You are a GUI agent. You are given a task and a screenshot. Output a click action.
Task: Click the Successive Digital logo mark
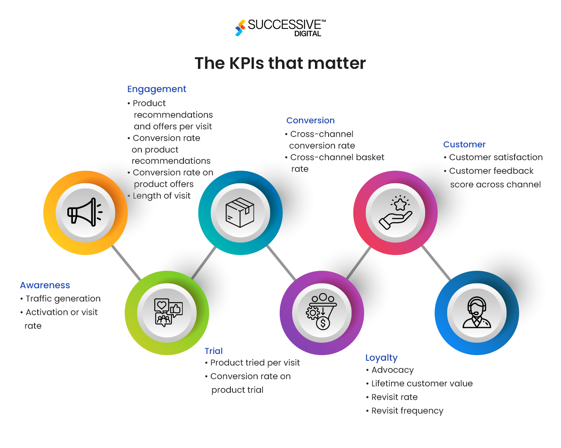(240, 28)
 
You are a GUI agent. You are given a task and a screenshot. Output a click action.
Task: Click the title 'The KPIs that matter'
(280, 63)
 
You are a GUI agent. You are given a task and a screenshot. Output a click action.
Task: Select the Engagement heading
(157, 89)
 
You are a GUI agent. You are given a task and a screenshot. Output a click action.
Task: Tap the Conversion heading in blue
(310, 121)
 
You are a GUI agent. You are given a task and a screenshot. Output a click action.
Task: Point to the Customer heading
(464, 145)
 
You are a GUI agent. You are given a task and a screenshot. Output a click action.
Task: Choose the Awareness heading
(45, 285)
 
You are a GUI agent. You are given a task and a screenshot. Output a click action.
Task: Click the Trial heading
(214, 351)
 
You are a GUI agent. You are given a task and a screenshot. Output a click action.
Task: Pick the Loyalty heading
(381, 358)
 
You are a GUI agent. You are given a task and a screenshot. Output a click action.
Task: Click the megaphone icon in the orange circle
(85, 213)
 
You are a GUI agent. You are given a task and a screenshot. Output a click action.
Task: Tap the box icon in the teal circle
(240, 213)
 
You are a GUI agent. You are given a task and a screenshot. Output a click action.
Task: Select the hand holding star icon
(396, 213)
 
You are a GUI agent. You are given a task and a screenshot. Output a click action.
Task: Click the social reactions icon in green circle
(167, 313)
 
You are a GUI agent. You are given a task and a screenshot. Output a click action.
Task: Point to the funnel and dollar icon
(322, 313)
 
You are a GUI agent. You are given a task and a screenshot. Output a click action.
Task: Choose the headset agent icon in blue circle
(477, 313)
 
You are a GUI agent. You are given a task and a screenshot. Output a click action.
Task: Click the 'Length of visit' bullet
(161, 196)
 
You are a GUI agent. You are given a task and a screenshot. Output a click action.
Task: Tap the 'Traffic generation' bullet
(63, 299)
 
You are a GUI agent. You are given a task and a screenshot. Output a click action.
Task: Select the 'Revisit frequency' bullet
(407, 411)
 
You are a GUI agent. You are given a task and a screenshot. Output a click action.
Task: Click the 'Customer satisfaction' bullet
(496, 157)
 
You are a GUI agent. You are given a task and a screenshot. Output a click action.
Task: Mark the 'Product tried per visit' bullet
(255, 363)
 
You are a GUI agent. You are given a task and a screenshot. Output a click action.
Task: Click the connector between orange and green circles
(127, 263)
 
